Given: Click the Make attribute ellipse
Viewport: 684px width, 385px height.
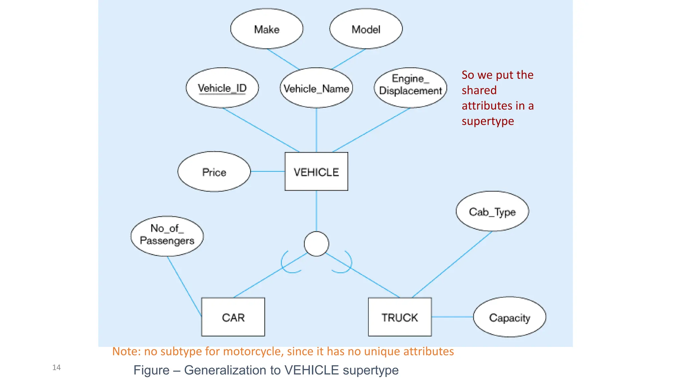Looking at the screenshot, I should [x=267, y=29].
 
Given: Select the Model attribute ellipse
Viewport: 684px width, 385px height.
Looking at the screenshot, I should [x=366, y=29].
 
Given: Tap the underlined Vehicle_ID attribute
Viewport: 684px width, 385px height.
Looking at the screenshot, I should [x=222, y=88].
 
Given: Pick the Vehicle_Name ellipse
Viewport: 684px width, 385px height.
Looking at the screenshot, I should [x=316, y=88].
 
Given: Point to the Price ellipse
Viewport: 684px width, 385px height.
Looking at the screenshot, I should [x=214, y=172].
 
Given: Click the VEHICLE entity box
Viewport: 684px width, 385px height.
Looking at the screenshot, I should [x=316, y=172].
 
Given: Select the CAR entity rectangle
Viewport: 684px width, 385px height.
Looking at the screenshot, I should [x=233, y=317].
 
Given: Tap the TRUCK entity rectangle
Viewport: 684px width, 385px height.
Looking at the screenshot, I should [x=400, y=317].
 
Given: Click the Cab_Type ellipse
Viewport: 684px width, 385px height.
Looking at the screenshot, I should [x=492, y=211].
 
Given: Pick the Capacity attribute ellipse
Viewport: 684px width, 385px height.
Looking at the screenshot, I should [x=510, y=317].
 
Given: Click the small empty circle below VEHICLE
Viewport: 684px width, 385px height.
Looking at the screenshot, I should [x=316, y=244].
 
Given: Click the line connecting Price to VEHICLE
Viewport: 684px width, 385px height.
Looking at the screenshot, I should [x=268, y=171].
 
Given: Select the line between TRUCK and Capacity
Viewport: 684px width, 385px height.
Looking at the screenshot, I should [x=453, y=317].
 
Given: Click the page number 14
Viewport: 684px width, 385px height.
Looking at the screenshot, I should [x=56, y=368].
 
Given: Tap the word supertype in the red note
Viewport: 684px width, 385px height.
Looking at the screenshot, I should [x=488, y=121].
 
